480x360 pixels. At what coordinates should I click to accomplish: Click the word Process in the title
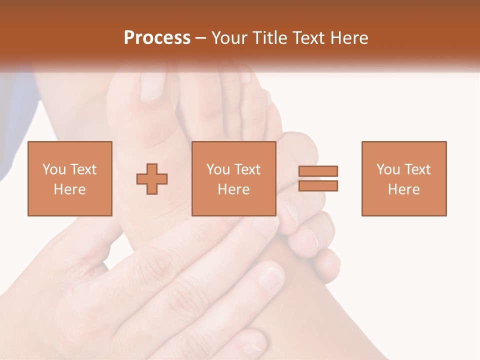[x=157, y=37]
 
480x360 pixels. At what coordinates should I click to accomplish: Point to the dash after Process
[x=201, y=38]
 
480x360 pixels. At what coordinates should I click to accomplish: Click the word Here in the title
[x=348, y=37]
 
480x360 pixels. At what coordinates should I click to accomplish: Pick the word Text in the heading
[x=307, y=37]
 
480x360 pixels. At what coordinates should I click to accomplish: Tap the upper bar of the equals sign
[x=318, y=171]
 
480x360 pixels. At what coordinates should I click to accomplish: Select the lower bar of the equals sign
[x=318, y=186]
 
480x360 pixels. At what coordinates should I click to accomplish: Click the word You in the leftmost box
[x=54, y=169]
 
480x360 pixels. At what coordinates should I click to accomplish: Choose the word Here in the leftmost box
[x=69, y=189]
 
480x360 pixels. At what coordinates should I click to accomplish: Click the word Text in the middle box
[x=247, y=169]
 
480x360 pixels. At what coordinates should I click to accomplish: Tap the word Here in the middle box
[x=233, y=189]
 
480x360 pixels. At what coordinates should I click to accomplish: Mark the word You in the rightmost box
[x=388, y=169]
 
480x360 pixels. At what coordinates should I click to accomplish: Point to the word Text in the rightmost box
[x=417, y=169]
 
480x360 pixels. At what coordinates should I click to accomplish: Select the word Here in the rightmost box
[x=403, y=189]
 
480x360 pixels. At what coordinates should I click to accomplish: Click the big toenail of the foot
[x=151, y=86]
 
